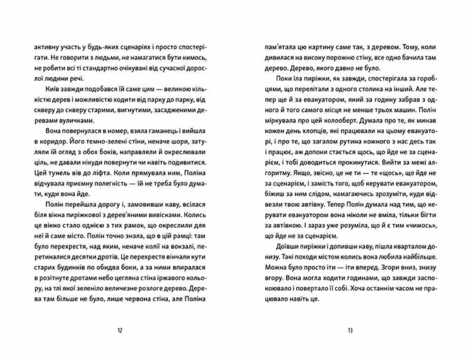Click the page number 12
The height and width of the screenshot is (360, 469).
tap(120, 330)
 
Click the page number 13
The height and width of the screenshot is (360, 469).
tap(350, 330)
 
